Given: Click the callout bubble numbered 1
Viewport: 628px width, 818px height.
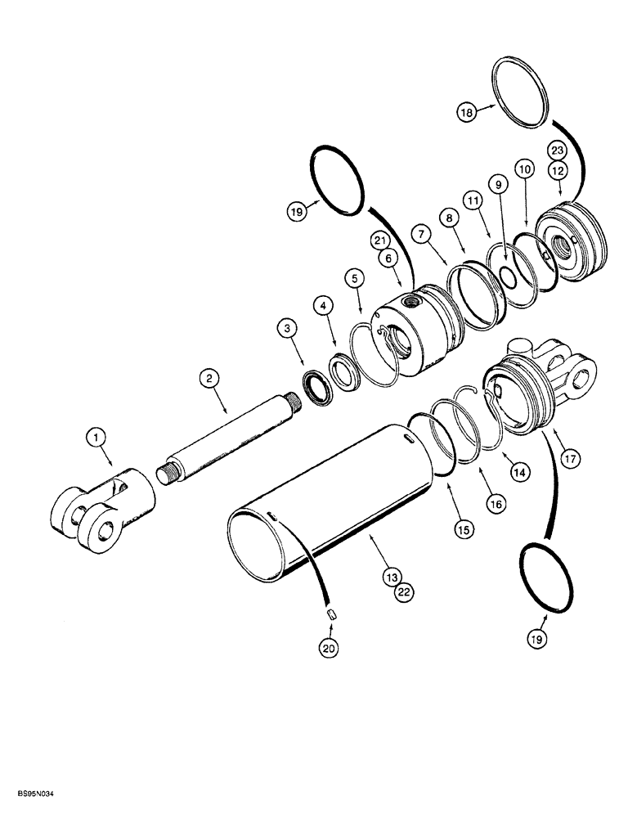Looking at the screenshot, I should click(96, 439).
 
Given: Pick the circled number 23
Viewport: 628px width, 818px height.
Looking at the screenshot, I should click(557, 150).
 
